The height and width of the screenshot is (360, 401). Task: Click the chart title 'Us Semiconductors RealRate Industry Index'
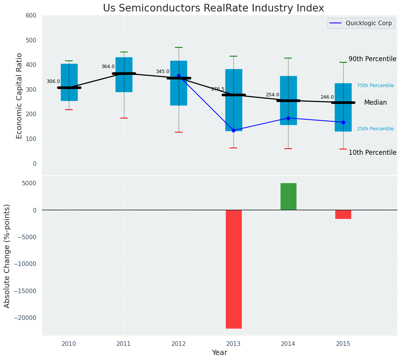[214, 8]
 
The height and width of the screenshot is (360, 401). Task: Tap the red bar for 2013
[233, 269]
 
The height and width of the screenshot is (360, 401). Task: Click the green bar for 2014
[288, 196]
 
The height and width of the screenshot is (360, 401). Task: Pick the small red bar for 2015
[343, 214]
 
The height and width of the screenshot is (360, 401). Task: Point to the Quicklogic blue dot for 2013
[233, 130]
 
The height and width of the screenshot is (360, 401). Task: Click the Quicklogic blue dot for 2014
[288, 118]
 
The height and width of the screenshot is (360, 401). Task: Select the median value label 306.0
[53, 81]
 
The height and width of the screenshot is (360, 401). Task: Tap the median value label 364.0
[108, 66]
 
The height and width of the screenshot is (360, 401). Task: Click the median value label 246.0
[327, 97]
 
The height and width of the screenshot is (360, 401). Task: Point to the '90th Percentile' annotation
[372, 59]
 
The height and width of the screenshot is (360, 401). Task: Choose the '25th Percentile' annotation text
[375, 129]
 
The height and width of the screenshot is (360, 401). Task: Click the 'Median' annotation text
[375, 102]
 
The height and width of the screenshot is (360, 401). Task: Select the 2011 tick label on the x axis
[124, 344]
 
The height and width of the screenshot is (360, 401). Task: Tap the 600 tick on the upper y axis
[31, 15]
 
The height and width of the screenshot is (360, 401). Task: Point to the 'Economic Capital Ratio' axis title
[20, 95]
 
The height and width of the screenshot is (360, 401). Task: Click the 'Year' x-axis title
[219, 353]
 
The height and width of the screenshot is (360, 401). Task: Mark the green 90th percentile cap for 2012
[179, 47]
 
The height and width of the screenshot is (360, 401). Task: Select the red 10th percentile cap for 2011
[124, 118]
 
